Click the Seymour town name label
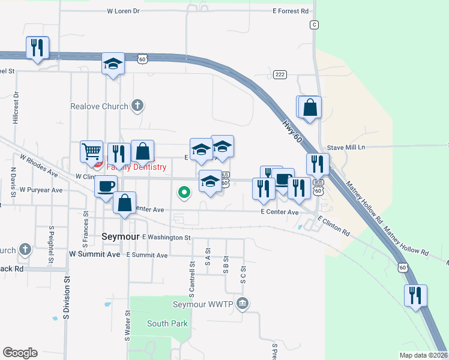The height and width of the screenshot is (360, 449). pyautogui.click(x=121, y=236)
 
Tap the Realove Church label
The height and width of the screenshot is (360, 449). pyautogui.click(x=100, y=106)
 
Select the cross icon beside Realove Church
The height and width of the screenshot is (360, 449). pyautogui.click(x=137, y=106)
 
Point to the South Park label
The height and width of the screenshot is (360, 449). pyautogui.click(x=167, y=323)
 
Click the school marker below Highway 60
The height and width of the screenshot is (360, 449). pyautogui.click(x=112, y=64)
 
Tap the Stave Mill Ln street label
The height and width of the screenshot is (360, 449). pyautogui.click(x=346, y=147)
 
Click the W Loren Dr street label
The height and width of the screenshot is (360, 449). pyautogui.click(x=123, y=11)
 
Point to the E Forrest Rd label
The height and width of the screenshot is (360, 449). pyautogui.click(x=290, y=11)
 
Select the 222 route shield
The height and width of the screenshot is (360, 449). pyautogui.click(x=279, y=74)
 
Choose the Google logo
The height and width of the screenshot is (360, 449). pyautogui.click(x=20, y=353)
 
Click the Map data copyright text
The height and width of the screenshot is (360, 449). pyautogui.click(x=423, y=355)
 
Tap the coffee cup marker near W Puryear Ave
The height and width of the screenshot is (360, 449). pyautogui.click(x=106, y=186)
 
